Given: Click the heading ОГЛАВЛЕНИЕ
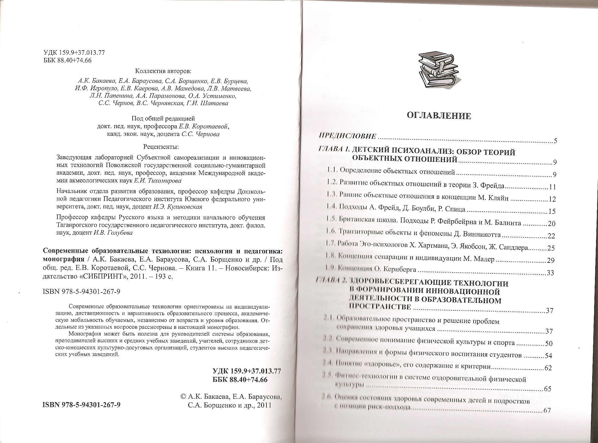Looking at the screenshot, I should pos(438,116).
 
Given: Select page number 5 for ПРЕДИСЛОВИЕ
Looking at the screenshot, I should pos(555,142).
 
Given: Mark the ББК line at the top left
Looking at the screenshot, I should pos(67,61).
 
